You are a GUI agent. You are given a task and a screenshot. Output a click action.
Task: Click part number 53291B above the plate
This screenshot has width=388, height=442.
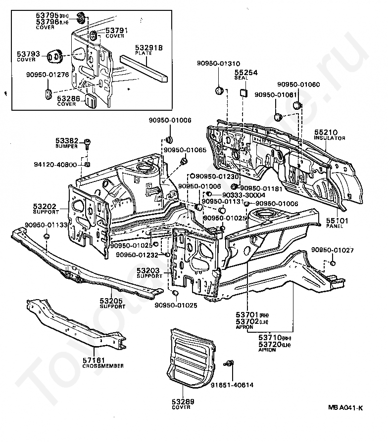(149, 47)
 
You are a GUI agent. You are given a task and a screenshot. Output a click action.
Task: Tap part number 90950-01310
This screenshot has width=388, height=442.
(218, 63)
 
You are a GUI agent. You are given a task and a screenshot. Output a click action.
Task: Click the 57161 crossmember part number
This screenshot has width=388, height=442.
(96, 361)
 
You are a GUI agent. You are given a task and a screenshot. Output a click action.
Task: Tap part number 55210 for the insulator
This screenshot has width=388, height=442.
(325, 133)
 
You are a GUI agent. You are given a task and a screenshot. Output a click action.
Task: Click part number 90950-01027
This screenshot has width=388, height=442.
(332, 250)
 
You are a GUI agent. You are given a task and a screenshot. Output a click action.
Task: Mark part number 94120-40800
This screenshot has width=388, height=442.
(63, 164)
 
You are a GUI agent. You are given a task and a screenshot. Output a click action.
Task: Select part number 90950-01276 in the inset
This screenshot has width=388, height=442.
(48, 75)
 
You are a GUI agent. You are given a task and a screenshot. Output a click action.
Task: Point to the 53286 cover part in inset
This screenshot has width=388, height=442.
(90, 100)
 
